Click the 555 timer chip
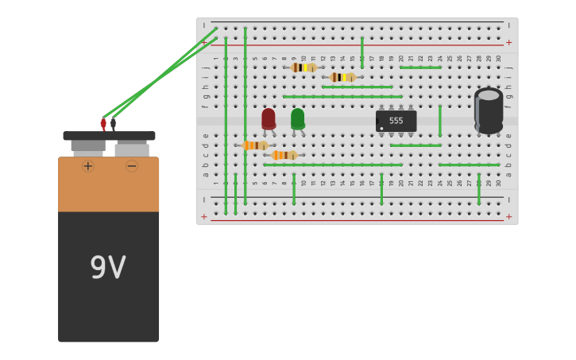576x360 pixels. click(396, 121)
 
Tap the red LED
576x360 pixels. click(269, 118)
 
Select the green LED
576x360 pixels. click(297, 118)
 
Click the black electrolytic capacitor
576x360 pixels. click(488, 110)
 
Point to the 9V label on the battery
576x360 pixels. click(108, 268)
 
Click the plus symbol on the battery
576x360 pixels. click(87, 165)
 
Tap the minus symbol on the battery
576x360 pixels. click(132, 165)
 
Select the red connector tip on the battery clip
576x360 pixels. click(103, 123)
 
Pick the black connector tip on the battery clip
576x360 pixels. click(114, 123)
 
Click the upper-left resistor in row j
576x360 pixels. click(303, 68)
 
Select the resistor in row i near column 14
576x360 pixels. click(342, 77)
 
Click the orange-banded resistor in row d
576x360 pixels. click(255, 145)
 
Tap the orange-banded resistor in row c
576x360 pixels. click(284, 155)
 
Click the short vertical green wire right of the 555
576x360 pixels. click(439, 121)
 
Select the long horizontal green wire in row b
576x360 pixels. click(333, 165)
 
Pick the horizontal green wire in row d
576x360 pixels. click(415, 145)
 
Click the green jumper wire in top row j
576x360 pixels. click(420, 68)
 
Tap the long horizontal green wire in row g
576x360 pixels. click(342, 96)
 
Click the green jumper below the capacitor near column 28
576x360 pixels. click(479, 189)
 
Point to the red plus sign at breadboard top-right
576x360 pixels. click(508, 42)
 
